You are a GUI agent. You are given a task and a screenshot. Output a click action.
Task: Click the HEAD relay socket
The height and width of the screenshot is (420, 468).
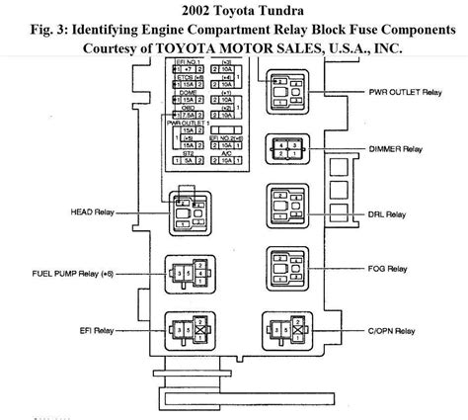pos(190,210)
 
